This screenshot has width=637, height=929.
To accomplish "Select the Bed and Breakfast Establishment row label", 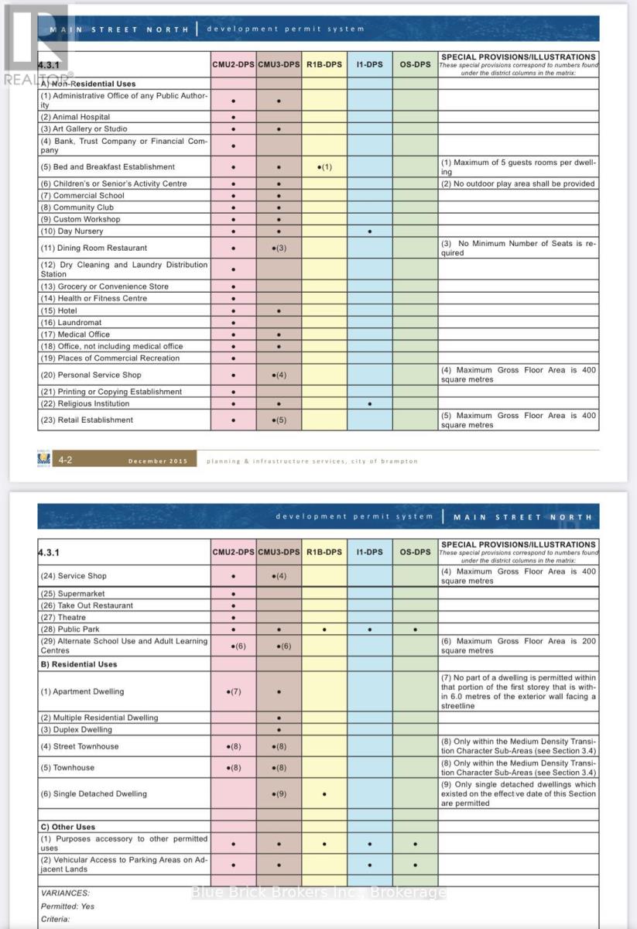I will click(108, 166).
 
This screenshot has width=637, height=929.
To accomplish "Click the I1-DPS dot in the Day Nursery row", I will click(370, 231).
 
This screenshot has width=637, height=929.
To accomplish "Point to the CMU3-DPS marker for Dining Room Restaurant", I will click(279, 249).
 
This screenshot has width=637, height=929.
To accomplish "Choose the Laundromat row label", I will click(71, 322).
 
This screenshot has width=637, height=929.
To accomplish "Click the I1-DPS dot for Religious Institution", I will click(370, 404).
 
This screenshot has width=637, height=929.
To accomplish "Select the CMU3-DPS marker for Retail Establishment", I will click(279, 420).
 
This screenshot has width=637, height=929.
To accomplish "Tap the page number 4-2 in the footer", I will click(66, 461).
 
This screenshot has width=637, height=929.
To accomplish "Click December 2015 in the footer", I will click(158, 461).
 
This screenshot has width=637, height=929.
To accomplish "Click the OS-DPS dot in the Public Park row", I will click(416, 630).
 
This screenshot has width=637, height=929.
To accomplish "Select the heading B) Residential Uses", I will click(79, 664).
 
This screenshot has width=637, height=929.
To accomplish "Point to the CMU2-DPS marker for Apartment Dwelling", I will click(234, 691).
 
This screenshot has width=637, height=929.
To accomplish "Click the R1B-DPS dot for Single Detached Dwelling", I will click(324, 794).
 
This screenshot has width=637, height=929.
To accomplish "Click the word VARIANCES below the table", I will click(65, 893).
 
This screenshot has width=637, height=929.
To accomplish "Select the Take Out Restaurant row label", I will click(87, 605).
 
